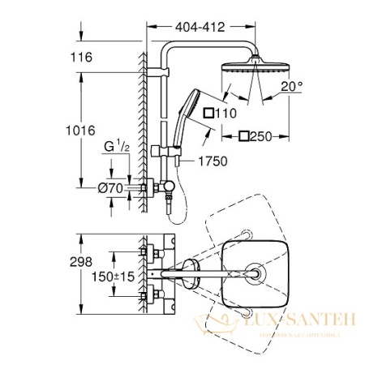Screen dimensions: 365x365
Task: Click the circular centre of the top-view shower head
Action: [254, 276]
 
